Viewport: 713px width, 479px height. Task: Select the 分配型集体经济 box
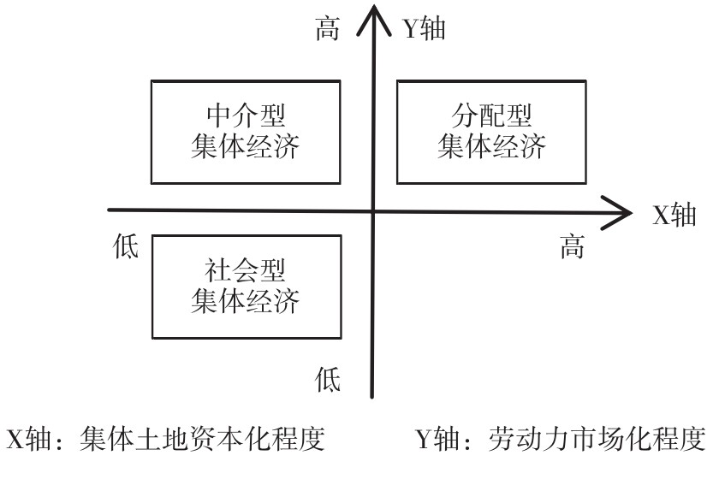(491, 130)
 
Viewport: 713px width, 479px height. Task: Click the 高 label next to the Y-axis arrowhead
(327, 30)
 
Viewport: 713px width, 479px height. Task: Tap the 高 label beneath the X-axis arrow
(572, 248)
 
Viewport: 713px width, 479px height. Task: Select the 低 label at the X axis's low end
(126, 248)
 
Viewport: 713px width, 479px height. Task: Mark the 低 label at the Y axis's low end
(327, 376)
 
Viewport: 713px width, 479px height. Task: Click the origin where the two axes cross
(372, 210)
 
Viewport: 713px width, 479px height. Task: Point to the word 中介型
(247, 115)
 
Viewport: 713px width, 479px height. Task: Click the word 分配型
(491, 115)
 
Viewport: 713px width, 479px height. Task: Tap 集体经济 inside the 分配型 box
(491, 146)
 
